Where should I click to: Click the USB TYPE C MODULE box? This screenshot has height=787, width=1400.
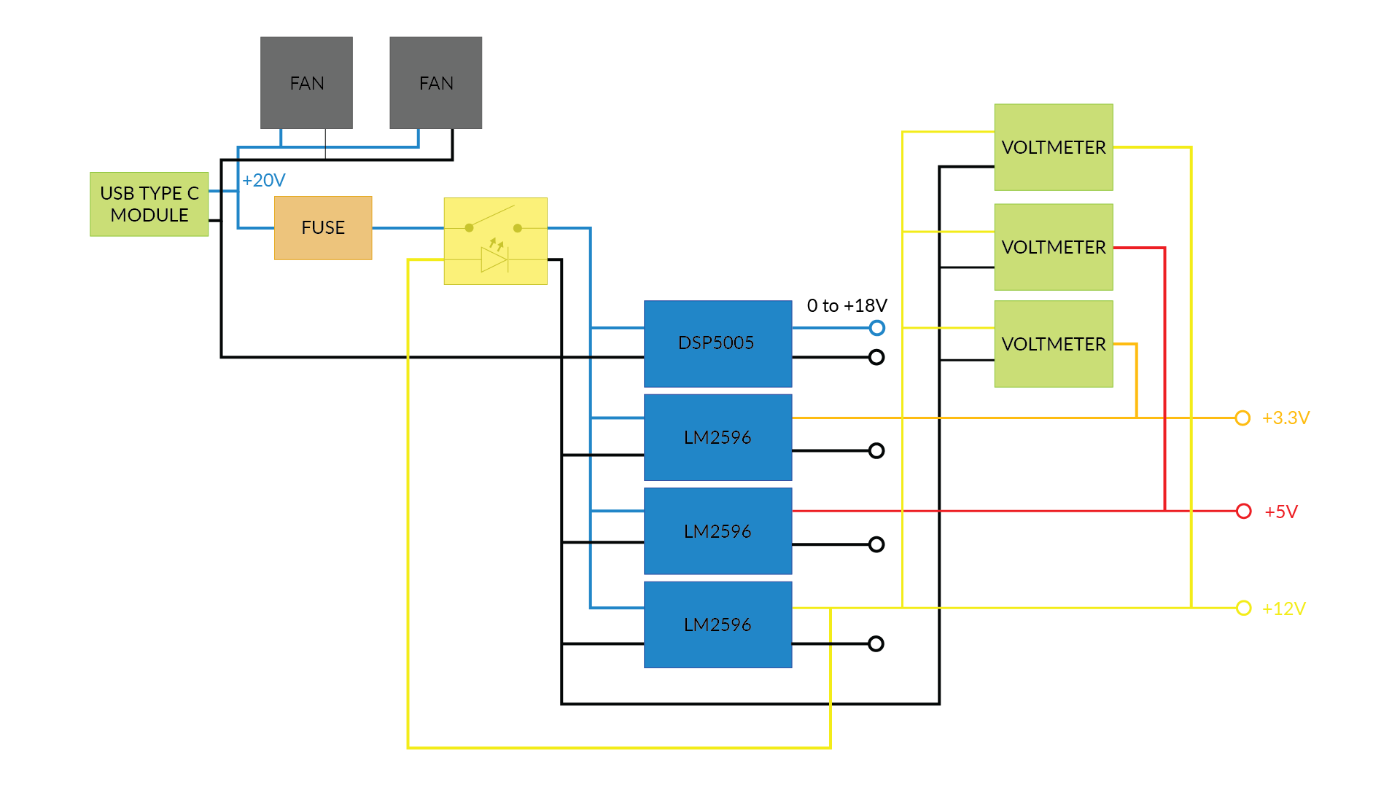(x=149, y=204)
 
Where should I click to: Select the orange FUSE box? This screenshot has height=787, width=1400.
(x=323, y=227)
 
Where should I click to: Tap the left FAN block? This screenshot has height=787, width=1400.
(x=306, y=83)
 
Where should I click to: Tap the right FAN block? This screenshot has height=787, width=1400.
(x=435, y=83)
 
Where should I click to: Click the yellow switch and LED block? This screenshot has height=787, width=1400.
(x=495, y=240)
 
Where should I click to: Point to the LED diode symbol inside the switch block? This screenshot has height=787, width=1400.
(x=494, y=259)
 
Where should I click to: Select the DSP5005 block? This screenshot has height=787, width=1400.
(x=717, y=343)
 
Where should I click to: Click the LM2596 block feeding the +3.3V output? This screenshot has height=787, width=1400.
(x=717, y=437)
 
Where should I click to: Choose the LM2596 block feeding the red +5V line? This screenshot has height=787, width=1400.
(x=717, y=531)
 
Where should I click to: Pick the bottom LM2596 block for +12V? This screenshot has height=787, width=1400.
(x=717, y=624)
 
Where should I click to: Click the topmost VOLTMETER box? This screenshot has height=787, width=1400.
(x=1053, y=147)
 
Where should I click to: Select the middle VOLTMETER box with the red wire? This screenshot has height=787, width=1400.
(x=1053, y=247)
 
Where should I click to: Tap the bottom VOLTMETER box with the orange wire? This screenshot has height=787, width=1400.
(x=1053, y=344)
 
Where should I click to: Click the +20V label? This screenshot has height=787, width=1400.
(x=264, y=180)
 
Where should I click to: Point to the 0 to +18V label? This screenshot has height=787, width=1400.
(x=847, y=305)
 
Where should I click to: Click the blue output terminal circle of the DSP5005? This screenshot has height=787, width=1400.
(x=877, y=328)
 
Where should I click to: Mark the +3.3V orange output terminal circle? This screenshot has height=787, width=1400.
(x=1242, y=418)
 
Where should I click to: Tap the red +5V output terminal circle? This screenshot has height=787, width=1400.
(x=1244, y=511)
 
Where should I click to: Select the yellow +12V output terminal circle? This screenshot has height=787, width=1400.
(x=1244, y=608)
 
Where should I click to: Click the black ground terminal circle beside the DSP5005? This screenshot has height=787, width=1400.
(x=876, y=357)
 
